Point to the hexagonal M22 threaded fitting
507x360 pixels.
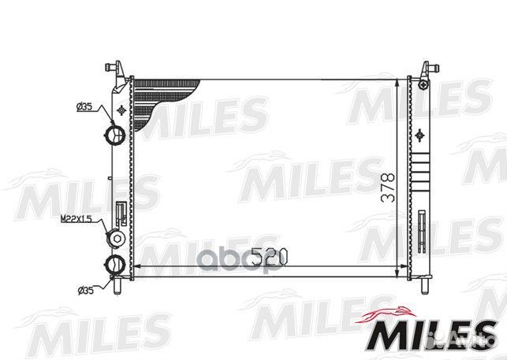pos(116,238)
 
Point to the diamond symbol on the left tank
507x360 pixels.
pos(118,109)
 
